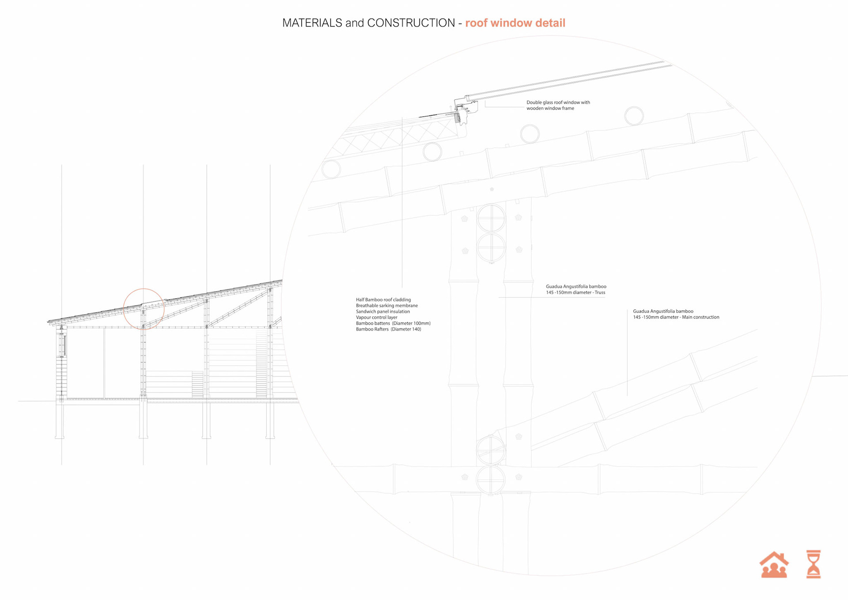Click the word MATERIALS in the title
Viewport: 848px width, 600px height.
pos(312,23)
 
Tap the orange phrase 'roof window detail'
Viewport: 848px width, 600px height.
pos(515,23)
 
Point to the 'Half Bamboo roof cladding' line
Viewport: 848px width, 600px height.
pos(383,300)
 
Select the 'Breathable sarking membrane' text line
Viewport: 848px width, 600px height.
pos(387,306)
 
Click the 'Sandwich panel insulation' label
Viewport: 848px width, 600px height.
pos(383,311)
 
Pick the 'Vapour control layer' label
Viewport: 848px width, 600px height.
pos(377,317)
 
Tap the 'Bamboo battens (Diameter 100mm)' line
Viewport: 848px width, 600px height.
pos(393,323)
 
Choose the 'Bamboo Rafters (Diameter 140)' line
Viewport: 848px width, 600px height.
pos(389,329)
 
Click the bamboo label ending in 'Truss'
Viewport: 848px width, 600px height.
pos(576,289)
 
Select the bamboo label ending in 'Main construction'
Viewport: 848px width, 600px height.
pos(676,314)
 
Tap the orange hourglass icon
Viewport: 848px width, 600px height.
pos(813,564)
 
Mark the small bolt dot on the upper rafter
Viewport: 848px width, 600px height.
pos(492,189)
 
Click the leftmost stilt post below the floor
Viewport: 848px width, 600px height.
pos(60,420)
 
